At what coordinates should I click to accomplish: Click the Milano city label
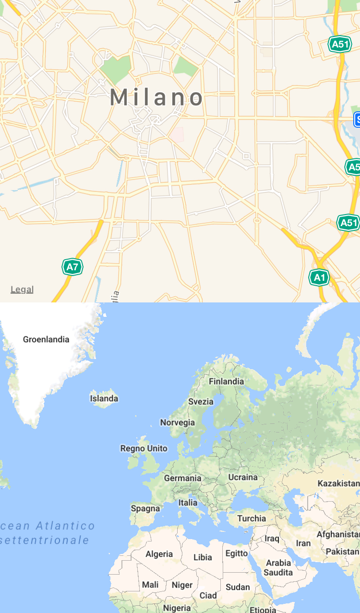tap(156, 97)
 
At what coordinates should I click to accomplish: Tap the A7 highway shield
tap(72, 267)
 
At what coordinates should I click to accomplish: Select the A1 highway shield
tap(319, 277)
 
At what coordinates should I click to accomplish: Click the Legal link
tap(22, 289)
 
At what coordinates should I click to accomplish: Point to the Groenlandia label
tap(46, 339)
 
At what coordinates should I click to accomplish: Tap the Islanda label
tap(104, 398)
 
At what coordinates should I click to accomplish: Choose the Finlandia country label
tap(226, 382)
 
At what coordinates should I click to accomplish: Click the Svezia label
tap(201, 402)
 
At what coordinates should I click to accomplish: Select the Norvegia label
tap(178, 422)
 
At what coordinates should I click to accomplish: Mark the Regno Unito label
tap(144, 448)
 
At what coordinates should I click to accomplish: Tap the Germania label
tap(183, 478)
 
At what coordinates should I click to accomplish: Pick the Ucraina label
tap(243, 477)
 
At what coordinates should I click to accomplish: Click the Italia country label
tap(188, 503)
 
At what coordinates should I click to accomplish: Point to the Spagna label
tap(145, 508)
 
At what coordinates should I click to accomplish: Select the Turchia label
tap(252, 518)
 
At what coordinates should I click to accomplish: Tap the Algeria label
tap(159, 554)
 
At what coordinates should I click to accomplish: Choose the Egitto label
tap(237, 553)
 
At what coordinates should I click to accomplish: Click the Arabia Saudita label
tap(278, 567)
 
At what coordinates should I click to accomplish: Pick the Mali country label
tap(150, 585)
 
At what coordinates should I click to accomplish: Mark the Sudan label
tap(238, 587)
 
